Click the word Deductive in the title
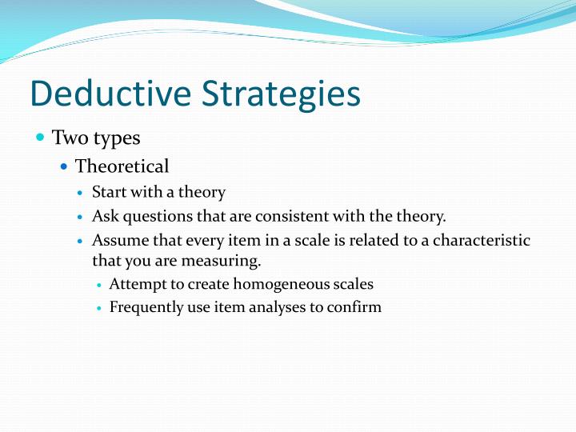pos(110,94)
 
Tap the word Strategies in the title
pos(281,95)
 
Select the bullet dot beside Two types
pos(41,138)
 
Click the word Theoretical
pos(122,166)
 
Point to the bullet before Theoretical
pos(64,166)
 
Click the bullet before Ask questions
pos(81,217)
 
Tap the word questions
pos(158,217)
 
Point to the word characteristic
pos(482,240)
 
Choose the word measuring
pos(221,262)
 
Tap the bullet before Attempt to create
pos(98,285)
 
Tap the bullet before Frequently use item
pos(98,308)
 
